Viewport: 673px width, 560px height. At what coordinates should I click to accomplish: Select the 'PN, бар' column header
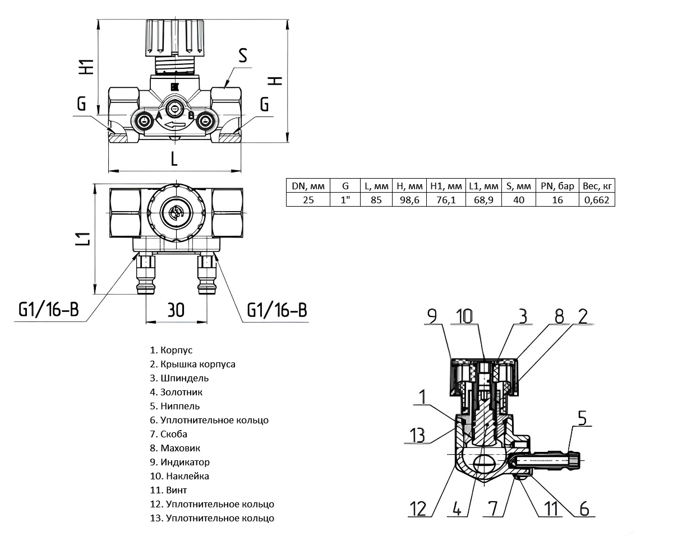pyautogui.click(x=557, y=186)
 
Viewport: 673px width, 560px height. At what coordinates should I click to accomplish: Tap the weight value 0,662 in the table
pyautogui.click(x=597, y=199)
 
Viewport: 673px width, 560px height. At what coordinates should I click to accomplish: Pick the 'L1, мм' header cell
pyautogui.click(x=483, y=186)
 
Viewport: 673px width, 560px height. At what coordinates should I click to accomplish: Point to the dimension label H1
pyautogui.click(x=86, y=66)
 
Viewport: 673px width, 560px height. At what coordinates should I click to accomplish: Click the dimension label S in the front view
pyautogui.click(x=242, y=55)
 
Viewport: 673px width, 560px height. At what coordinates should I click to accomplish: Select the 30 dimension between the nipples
pyautogui.click(x=176, y=310)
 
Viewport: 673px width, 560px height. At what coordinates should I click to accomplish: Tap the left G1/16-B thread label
pyautogui.click(x=48, y=310)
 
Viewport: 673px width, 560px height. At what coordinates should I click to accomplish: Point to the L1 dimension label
pyautogui.click(x=82, y=239)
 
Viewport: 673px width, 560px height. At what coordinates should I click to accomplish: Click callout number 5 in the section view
pyautogui.click(x=582, y=418)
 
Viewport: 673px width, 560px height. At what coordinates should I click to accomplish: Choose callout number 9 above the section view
pyautogui.click(x=431, y=316)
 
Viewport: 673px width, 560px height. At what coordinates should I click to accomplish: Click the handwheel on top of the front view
pyautogui.click(x=174, y=36)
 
